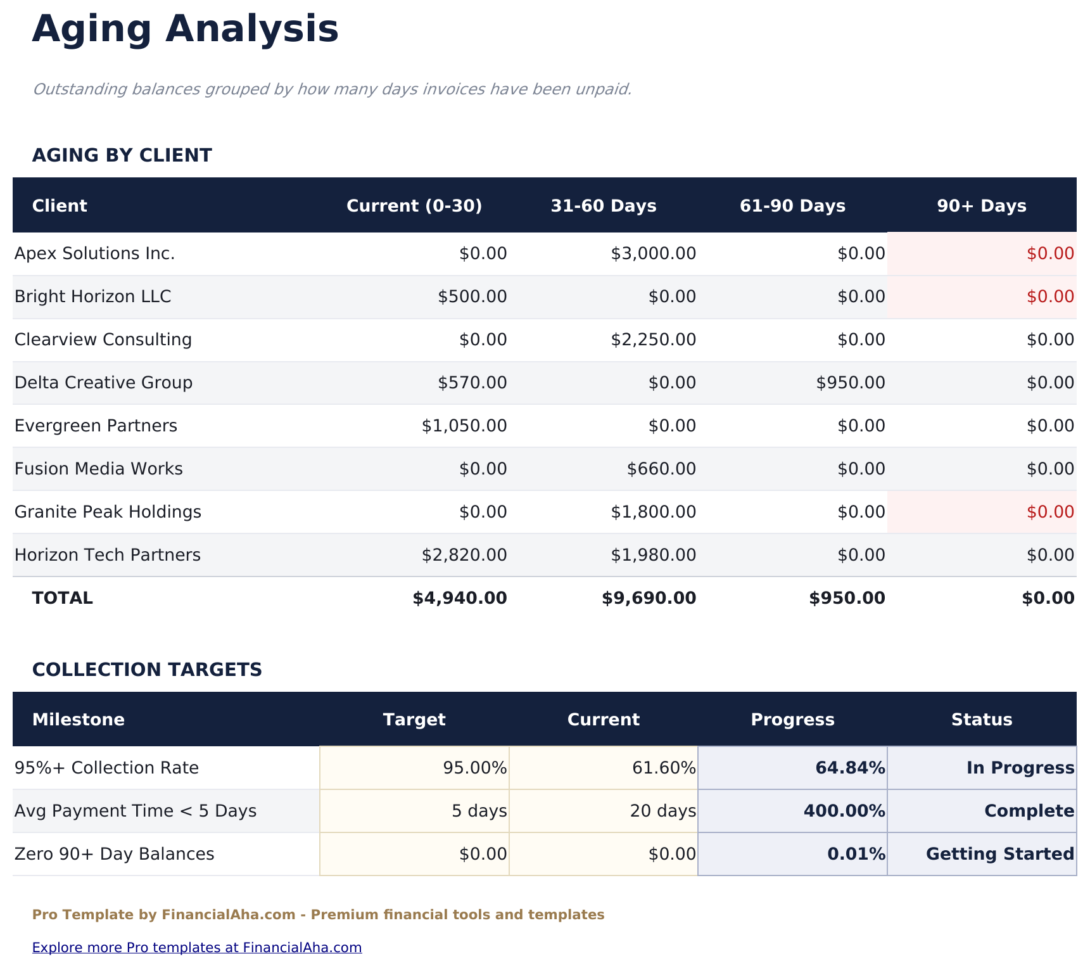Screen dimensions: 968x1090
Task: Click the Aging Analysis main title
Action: click(x=185, y=30)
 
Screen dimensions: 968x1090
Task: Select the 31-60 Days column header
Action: click(x=603, y=206)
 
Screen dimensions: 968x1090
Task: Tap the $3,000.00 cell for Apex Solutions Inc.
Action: click(x=653, y=254)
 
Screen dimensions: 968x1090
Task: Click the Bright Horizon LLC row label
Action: click(x=92, y=297)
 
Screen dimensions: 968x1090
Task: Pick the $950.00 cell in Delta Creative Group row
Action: click(x=850, y=383)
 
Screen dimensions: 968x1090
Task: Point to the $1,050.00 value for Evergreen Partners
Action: click(x=464, y=426)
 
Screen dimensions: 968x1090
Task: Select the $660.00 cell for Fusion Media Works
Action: click(x=661, y=469)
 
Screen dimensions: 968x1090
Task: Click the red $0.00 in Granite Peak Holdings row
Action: click(x=1049, y=512)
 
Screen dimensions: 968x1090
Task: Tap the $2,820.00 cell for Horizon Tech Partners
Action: click(x=464, y=555)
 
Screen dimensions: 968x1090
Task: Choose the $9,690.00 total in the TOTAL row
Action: click(x=649, y=598)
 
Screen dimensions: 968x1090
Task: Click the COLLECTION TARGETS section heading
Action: click(x=147, y=670)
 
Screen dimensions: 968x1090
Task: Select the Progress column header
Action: click(x=792, y=720)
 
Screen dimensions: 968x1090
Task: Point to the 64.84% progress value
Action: click(x=849, y=768)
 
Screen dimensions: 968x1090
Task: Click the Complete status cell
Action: click(x=1029, y=811)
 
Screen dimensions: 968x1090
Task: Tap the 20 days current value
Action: click(x=662, y=811)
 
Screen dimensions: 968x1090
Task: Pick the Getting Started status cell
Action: click(x=999, y=854)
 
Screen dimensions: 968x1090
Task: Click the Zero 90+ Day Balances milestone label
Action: click(x=114, y=854)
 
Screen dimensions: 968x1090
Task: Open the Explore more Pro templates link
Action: click(x=196, y=948)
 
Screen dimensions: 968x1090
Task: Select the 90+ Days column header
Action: click(x=981, y=206)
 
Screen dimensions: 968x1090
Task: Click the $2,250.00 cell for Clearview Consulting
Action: click(x=653, y=340)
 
